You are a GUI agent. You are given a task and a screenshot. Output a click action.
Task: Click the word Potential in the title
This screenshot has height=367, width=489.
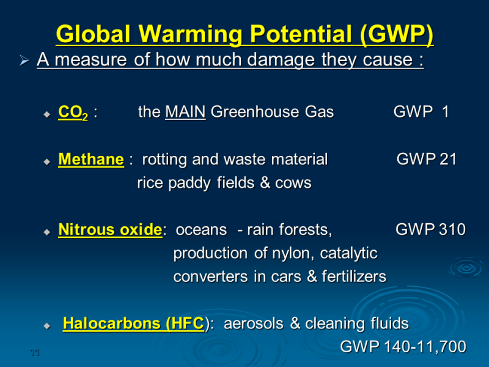click(301, 34)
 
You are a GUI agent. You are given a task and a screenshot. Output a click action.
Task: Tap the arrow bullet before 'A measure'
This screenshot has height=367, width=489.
click(24, 60)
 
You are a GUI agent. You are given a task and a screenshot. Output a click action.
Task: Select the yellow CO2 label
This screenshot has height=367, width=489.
click(73, 113)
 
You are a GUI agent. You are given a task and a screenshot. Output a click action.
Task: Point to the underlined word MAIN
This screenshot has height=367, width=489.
click(185, 112)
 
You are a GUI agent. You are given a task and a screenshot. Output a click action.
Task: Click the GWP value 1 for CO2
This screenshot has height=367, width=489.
click(446, 112)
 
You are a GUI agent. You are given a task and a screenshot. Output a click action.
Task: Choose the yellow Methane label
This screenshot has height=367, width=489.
click(91, 159)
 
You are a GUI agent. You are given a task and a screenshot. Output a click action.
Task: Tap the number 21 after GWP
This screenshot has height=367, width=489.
click(448, 159)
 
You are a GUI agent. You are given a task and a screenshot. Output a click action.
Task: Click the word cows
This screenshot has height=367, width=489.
click(293, 183)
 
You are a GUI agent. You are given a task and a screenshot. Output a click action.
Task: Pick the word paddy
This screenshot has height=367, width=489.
click(189, 183)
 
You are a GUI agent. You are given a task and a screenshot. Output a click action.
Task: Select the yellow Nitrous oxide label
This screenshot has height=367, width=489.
click(110, 230)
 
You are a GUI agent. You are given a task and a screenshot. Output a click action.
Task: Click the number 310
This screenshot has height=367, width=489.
click(452, 229)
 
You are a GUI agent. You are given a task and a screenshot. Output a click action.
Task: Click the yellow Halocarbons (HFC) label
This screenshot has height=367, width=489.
click(133, 324)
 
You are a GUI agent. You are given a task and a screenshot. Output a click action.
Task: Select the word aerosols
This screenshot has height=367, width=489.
click(254, 324)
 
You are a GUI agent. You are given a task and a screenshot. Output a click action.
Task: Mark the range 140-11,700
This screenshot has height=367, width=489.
click(425, 347)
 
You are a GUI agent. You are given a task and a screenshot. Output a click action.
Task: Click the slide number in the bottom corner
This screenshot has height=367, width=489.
click(35, 353)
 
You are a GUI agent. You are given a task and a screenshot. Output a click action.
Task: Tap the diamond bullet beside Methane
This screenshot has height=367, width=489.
click(47, 161)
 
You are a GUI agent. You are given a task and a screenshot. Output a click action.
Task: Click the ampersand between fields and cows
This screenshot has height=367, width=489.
click(265, 183)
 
